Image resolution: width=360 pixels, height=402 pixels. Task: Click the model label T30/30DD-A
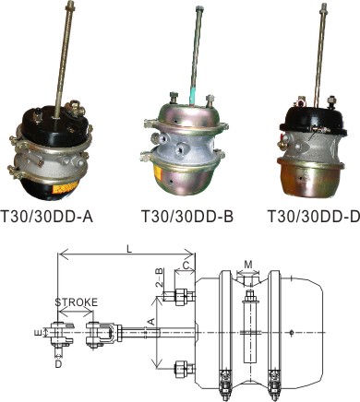(47, 217)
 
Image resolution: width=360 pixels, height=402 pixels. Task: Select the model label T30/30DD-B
(187, 216)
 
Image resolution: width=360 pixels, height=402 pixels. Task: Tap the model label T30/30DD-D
(314, 216)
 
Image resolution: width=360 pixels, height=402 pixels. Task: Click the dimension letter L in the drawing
(130, 249)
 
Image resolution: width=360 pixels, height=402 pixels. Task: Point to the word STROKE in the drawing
(77, 302)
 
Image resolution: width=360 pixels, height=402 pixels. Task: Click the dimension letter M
(248, 265)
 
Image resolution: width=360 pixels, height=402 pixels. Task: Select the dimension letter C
(186, 266)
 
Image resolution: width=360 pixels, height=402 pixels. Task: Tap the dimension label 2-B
(159, 278)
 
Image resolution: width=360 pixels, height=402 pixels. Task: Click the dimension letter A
(150, 322)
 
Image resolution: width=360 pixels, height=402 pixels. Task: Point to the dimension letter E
(38, 332)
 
